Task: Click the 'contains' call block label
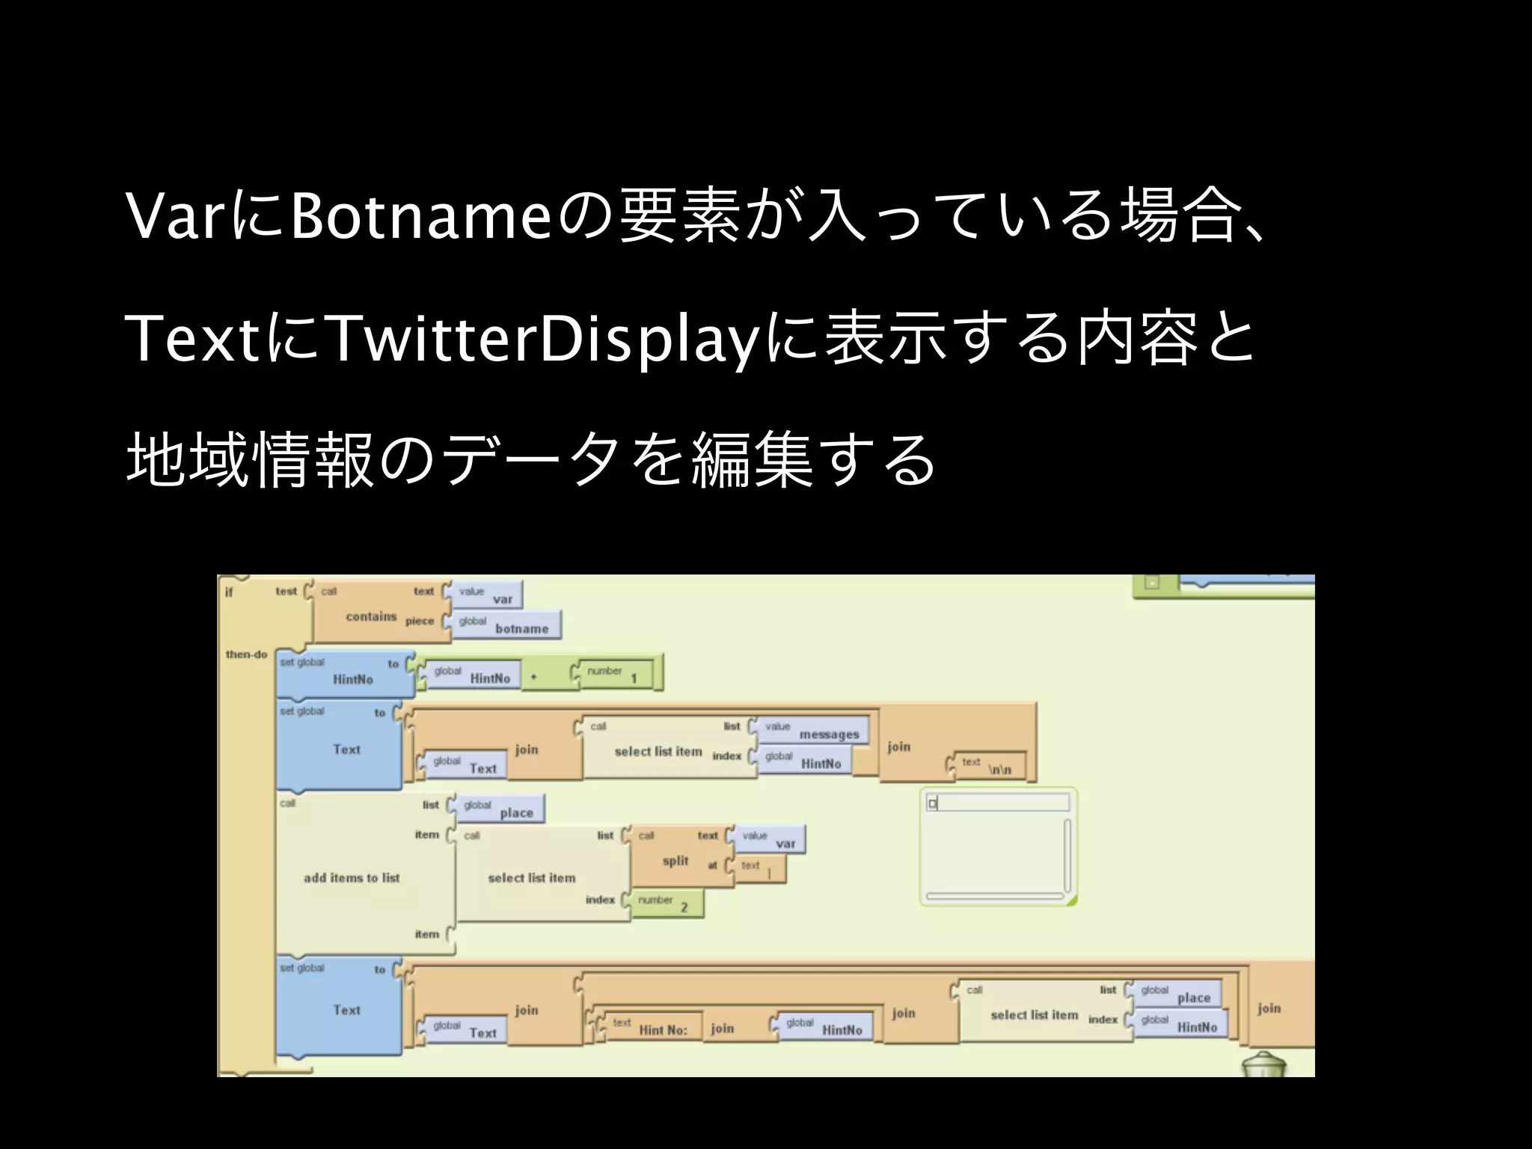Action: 371,616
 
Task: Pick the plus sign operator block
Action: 534,677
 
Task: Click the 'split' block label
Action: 675,860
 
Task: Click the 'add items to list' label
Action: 352,877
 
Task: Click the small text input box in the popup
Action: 998,803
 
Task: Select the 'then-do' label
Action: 247,655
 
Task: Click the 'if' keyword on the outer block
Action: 229,592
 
